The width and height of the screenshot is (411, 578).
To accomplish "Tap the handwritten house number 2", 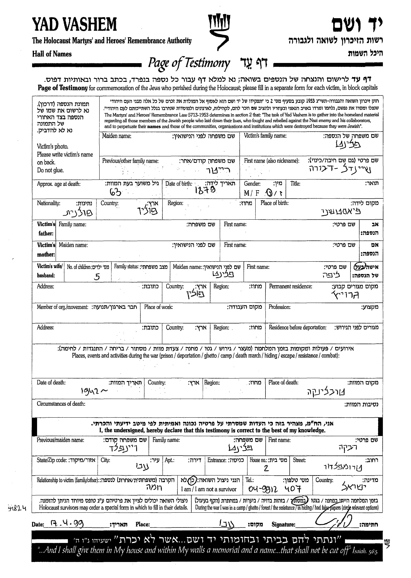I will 266,468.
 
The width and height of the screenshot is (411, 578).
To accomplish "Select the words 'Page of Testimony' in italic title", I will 189,63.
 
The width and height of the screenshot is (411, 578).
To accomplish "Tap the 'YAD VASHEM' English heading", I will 74,24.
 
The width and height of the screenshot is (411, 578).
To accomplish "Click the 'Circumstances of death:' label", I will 61,404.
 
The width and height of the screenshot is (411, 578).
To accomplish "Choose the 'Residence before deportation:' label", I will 297,327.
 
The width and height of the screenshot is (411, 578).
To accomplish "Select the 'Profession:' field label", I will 279,307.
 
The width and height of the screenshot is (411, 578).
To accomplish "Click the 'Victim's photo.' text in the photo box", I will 53,146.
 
